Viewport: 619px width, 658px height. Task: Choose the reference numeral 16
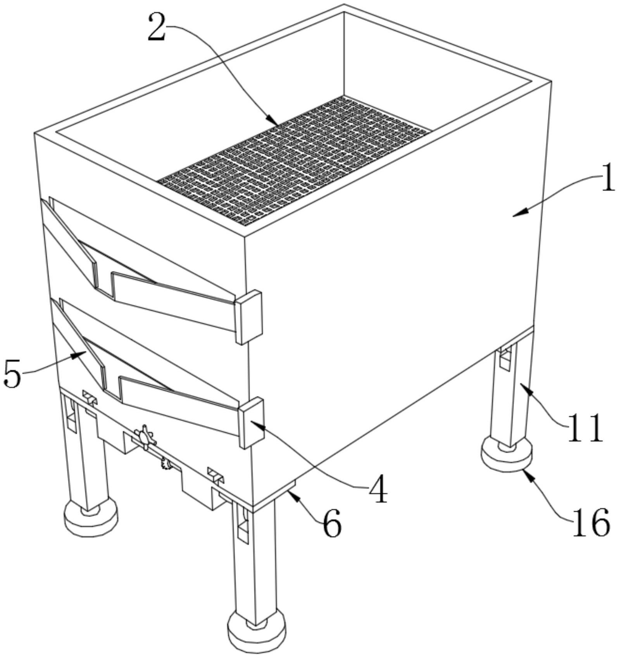[x=591, y=523]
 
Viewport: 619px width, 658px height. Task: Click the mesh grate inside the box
[x=295, y=159]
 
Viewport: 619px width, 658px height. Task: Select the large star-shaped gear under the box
[x=144, y=437]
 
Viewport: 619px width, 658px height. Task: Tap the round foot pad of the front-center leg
[x=257, y=633]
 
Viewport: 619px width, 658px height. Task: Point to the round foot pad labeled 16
[x=506, y=458]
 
